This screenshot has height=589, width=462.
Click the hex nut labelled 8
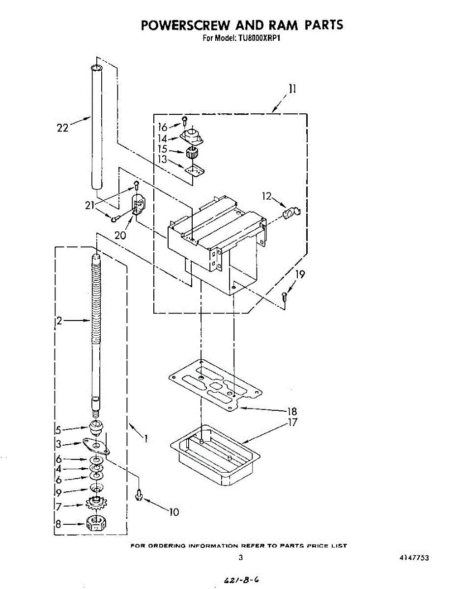click(96, 524)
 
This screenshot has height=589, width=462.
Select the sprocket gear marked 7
click(96, 503)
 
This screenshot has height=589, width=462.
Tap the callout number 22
click(63, 128)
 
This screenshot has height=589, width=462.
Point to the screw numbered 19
click(284, 297)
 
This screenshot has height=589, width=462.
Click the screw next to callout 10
click(139, 495)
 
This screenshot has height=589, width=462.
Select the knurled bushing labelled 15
click(192, 154)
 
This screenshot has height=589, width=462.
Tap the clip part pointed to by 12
click(291, 212)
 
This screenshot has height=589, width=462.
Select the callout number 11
click(292, 89)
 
